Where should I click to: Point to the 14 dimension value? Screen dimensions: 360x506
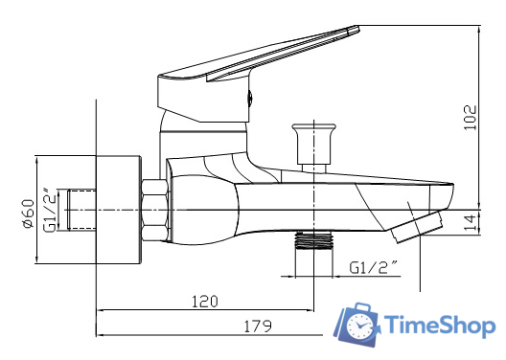coord(469,223)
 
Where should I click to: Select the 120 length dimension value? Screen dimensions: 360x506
coord(203,300)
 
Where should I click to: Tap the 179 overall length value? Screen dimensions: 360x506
coord(254,325)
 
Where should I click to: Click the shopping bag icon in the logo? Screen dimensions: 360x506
coord(359,325)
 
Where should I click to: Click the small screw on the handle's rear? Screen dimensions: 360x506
coord(252,96)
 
